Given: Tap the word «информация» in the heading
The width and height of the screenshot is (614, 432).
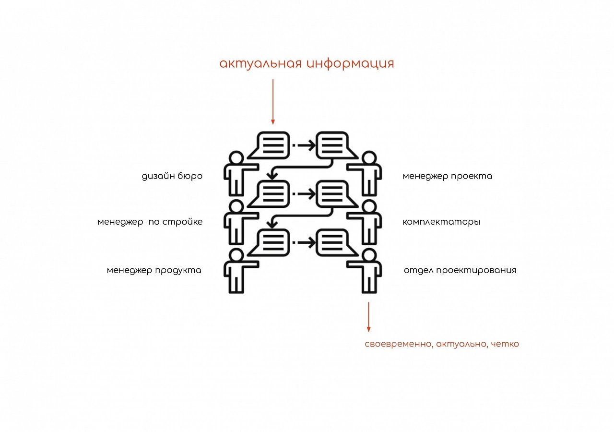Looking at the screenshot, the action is click(x=350, y=64).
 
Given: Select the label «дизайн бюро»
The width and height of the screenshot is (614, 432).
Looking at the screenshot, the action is click(x=172, y=176).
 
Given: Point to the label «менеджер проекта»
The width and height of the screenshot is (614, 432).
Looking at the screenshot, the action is click(x=448, y=176).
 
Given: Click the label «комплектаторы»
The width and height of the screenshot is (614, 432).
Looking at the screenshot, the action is click(x=441, y=222).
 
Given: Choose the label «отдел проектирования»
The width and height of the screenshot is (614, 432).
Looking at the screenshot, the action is click(x=460, y=270).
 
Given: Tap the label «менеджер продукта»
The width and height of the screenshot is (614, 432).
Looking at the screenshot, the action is click(x=154, y=270).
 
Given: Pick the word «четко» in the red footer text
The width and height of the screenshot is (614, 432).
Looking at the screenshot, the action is click(x=505, y=344).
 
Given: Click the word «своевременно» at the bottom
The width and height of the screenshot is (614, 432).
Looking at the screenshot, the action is click(x=399, y=344).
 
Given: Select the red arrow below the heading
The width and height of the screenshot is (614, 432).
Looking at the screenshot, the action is click(x=273, y=102).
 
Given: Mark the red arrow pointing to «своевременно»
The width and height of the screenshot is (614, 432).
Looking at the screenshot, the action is click(x=369, y=317).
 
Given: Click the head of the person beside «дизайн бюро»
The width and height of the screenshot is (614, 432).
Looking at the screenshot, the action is click(x=236, y=158).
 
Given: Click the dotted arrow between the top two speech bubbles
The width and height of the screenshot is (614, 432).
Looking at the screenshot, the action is click(x=304, y=145).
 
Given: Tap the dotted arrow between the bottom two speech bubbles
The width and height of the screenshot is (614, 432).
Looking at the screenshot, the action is click(x=304, y=242).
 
